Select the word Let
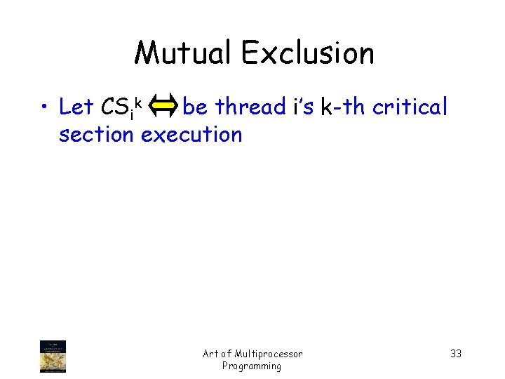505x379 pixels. tap(76, 107)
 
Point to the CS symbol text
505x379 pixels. tap(115, 108)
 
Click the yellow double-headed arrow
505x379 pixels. tap(164, 107)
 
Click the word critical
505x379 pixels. tap(410, 107)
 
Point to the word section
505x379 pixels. tap(96, 134)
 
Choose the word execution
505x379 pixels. tap(191, 134)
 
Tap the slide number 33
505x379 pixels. tap(456, 354)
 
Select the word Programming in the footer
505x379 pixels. tap(252, 366)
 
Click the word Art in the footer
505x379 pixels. tap(210, 354)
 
